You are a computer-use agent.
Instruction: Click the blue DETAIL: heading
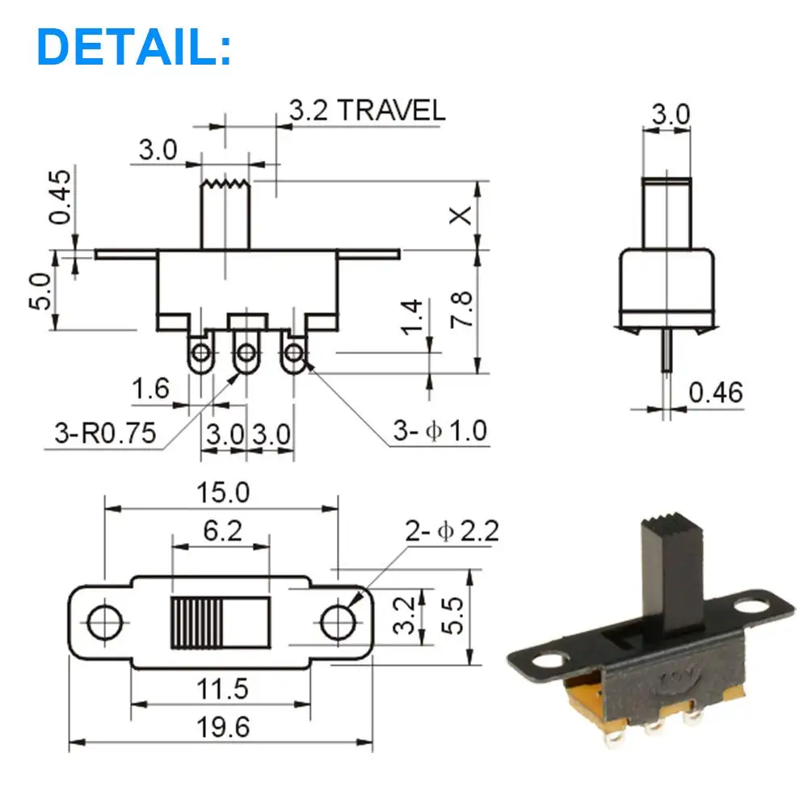134,47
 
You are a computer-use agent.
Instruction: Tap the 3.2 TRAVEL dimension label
367,110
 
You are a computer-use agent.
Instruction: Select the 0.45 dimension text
60,197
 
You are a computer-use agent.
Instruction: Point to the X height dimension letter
461,216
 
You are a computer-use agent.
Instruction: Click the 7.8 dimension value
461,309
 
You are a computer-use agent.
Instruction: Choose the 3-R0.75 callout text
105,433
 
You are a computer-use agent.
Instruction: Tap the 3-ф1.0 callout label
440,431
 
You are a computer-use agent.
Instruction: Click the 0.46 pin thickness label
716,393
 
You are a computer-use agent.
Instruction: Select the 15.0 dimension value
223,492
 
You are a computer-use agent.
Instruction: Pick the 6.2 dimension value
222,531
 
